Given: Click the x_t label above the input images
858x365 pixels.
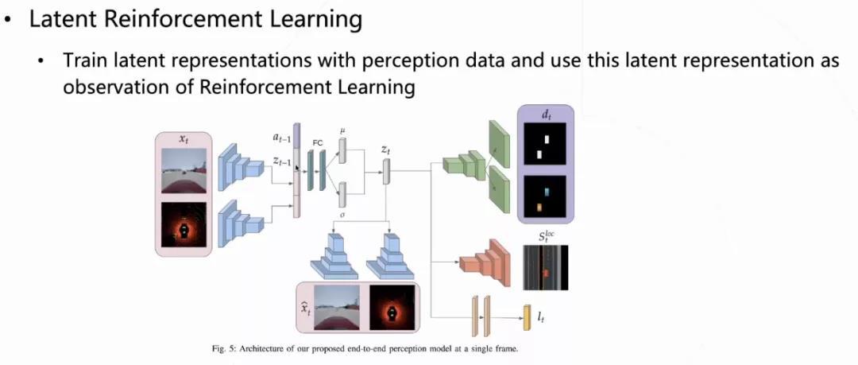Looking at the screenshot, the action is [183, 140].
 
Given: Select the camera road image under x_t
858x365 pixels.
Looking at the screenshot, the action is [184, 170].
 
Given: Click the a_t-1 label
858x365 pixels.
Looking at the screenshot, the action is [282, 138].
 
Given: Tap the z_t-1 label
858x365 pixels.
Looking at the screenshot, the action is [282, 161].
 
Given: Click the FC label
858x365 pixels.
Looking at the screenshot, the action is [317, 143].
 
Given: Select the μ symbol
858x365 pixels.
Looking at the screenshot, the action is [342, 130].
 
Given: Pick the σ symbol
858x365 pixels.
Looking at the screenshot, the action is [342, 216].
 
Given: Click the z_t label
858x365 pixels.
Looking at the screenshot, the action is [386, 149].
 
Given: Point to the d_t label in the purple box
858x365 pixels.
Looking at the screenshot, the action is [545, 115].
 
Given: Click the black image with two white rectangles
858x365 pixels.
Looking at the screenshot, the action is [544, 144].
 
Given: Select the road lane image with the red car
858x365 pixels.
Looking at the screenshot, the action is [546, 267].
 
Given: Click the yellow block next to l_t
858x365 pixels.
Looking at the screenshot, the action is [528, 317].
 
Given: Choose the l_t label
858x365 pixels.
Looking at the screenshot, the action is [541, 316].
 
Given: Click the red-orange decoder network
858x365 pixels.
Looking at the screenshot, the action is [485, 263].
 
